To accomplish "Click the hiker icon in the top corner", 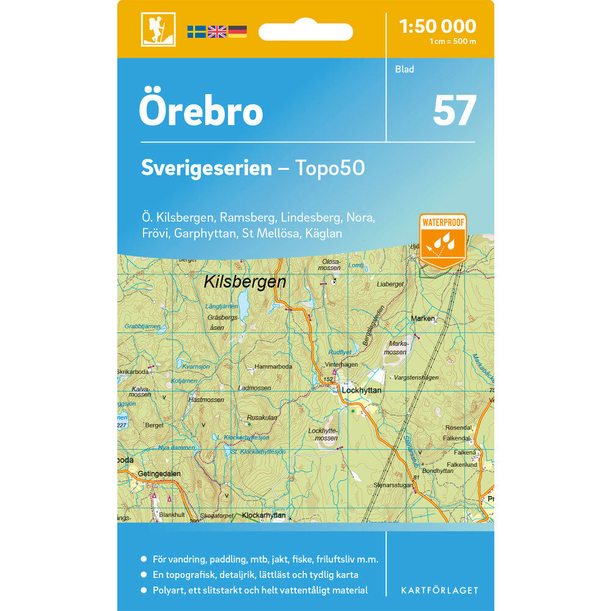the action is click(158, 29).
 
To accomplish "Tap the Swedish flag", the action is click(196, 32).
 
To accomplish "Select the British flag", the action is click(217, 32).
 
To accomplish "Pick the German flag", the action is click(238, 32).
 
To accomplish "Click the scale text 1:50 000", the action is click(437, 26).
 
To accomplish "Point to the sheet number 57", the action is click(454, 111).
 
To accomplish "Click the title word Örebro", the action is click(201, 111).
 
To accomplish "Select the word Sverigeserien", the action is click(206, 168).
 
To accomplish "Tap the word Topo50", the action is click(330, 168).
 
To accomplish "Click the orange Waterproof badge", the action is click(443, 240).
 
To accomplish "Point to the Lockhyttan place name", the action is click(362, 390).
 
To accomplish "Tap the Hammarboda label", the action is click(274, 367).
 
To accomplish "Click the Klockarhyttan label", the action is click(264, 516).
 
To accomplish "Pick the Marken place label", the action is click(423, 319).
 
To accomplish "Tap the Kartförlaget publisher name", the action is click(439, 590).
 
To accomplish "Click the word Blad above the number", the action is click(404, 70).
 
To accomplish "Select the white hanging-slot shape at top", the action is click(305, 31).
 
